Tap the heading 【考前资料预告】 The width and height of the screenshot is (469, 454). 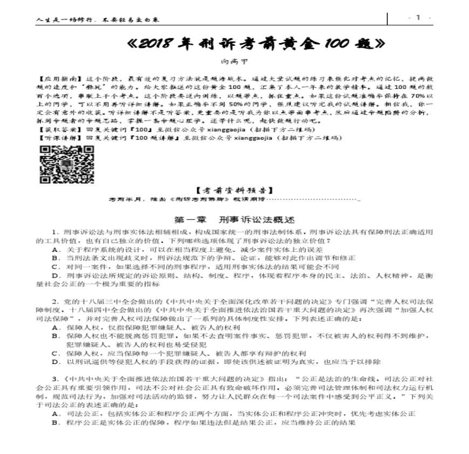(235, 190)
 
